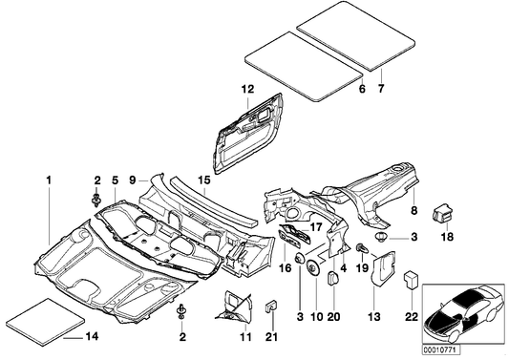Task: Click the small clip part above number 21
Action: coord(269,307)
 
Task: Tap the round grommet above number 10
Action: coord(312,263)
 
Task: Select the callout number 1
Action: coord(48,179)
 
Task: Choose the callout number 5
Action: coord(116,179)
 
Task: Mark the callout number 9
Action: coord(135,179)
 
